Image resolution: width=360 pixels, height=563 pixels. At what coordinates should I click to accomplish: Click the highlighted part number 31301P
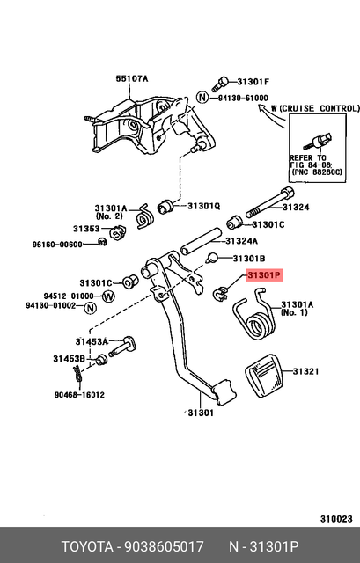pyautogui.click(x=263, y=275)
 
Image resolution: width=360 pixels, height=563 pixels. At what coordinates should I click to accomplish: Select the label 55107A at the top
pyautogui.click(x=132, y=79)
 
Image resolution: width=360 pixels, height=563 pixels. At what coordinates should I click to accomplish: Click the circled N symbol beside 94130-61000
pyautogui.click(x=202, y=98)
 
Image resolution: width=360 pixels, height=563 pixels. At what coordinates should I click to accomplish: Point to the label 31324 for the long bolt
pyautogui.click(x=296, y=208)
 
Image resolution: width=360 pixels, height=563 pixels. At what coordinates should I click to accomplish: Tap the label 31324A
pyautogui.click(x=241, y=240)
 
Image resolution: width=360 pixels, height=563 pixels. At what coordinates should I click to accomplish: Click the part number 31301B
pyautogui.click(x=248, y=259)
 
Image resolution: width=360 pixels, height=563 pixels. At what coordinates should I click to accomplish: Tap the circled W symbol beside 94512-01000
pyautogui.click(x=109, y=296)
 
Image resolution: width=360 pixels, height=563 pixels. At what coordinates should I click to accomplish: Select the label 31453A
pyautogui.click(x=92, y=341)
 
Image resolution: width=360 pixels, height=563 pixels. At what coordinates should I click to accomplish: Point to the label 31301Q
pyautogui.click(x=203, y=207)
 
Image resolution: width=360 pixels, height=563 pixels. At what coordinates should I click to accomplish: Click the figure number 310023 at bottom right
pyautogui.click(x=334, y=518)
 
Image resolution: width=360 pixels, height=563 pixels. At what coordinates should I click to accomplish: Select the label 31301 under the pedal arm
pyautogui.click(x=200, y=413)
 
